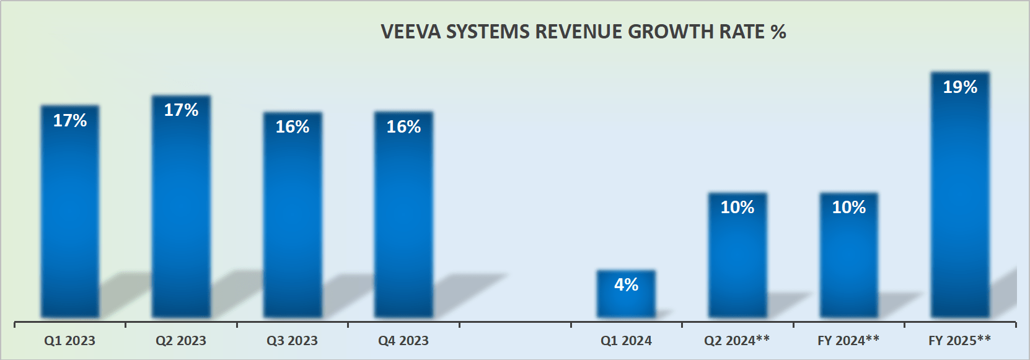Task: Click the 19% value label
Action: [x=960, y=87]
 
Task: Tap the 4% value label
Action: [x=626, y=284]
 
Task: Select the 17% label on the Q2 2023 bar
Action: [x=181, y=110]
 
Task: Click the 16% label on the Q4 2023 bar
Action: [x=403, y=126]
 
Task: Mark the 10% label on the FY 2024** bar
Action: [x=848, y=207]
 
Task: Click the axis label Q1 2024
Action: [x=626, y=340]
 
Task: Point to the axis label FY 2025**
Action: [x=959, y=340]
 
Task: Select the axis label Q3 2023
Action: [x=292, y=340]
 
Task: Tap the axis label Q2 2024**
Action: [x=737, y=340]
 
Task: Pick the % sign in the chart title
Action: [x=778, y=32]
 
